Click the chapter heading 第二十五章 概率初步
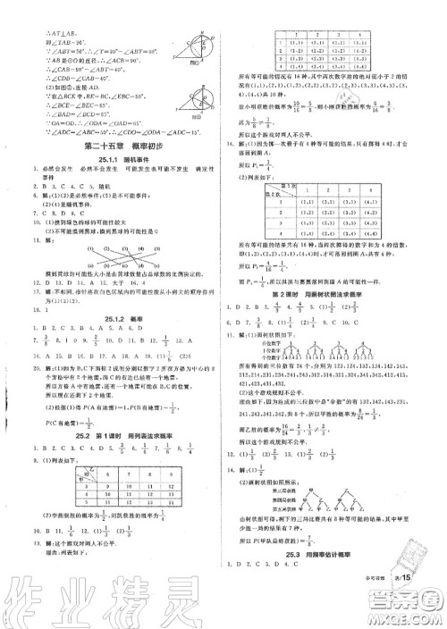coord(114,147)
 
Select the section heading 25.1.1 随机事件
coord(114,160)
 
